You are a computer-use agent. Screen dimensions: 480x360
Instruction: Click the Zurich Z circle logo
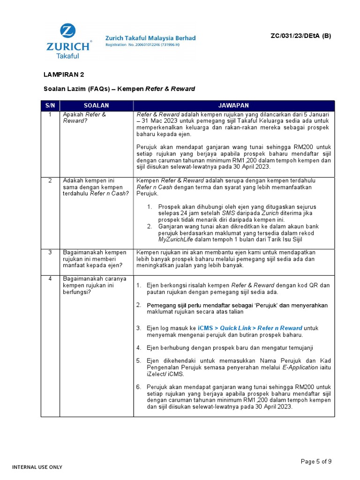68,32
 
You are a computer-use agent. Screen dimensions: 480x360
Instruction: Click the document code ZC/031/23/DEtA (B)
300,36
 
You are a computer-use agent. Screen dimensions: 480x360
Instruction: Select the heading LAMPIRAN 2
64,75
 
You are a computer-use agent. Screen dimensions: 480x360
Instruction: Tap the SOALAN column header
96,105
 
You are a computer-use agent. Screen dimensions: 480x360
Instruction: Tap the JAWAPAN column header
233,105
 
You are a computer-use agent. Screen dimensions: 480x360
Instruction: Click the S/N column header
50,105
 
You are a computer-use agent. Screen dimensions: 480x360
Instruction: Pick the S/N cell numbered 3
50,253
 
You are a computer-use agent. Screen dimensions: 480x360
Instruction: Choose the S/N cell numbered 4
50,279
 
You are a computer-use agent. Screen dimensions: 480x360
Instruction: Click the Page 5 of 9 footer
316,462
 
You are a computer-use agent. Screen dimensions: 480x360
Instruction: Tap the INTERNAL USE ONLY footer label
37,467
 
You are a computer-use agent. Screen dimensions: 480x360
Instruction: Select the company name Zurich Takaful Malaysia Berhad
150,38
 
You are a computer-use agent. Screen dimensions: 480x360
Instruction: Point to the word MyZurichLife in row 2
176,240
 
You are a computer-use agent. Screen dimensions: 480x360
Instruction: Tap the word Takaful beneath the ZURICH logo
68,56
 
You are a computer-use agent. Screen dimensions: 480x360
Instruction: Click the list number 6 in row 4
139,387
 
